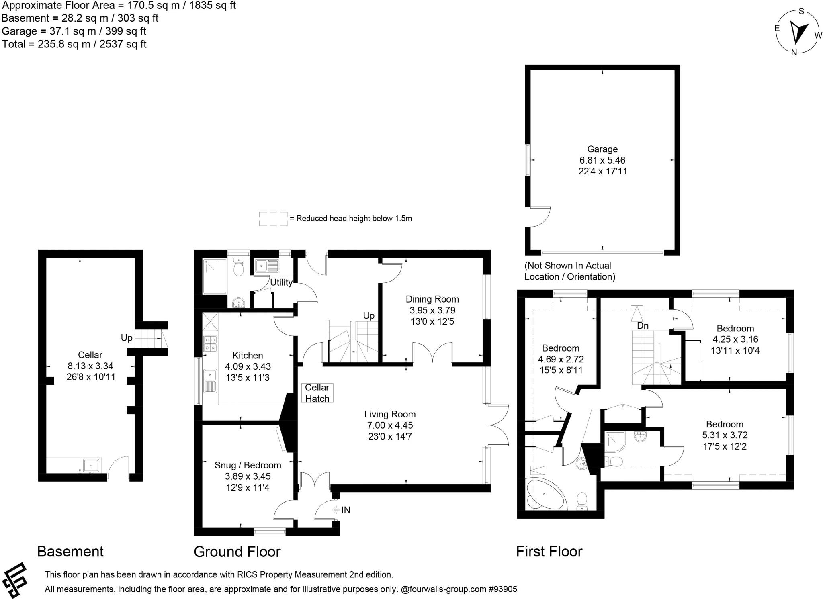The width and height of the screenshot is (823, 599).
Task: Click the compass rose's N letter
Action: (794, 52)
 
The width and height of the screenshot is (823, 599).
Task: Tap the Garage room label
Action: (602, 149)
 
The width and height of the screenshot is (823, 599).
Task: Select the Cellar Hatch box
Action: (317, 393)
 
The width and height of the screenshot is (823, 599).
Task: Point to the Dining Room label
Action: (432, 299)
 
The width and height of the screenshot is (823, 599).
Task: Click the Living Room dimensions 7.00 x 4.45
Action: (389, 425)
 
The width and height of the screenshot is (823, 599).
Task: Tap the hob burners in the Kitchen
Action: (210, 344)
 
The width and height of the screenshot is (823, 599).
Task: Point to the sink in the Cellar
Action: (92, 466)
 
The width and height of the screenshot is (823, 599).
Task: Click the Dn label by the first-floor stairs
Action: (643, 326)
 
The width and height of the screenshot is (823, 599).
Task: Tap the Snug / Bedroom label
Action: (248, 465)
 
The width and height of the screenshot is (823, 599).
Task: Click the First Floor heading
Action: (549, 552)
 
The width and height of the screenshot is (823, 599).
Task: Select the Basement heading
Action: (70, 552)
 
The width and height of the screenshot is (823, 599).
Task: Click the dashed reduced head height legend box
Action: (273, 219)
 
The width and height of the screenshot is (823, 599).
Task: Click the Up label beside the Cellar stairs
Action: (127, 338)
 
